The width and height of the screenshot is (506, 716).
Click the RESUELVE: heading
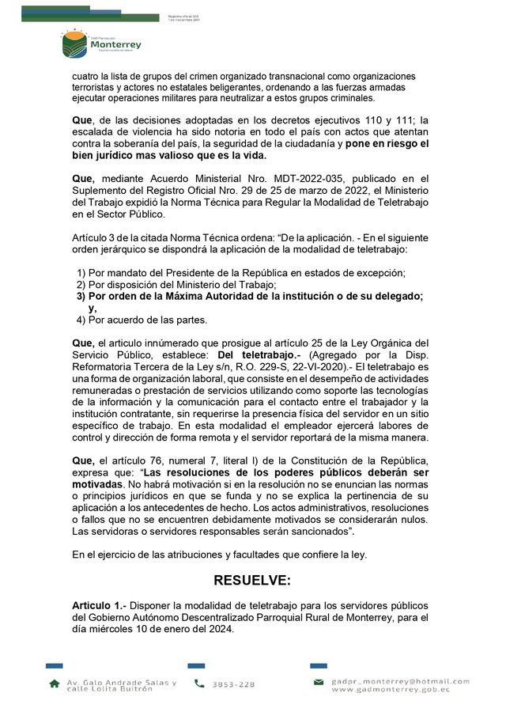pos(252,580)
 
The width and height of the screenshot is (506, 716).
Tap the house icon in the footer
pos(54,683)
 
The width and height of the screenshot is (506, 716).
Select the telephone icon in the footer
pos(199,684)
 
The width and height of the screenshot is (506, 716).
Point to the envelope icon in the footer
pos(319,682)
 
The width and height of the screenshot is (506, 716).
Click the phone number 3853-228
pos(233,684)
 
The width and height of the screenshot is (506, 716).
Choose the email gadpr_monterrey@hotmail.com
pos(401,680)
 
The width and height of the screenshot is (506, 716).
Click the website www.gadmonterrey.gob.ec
pos(391,690)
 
